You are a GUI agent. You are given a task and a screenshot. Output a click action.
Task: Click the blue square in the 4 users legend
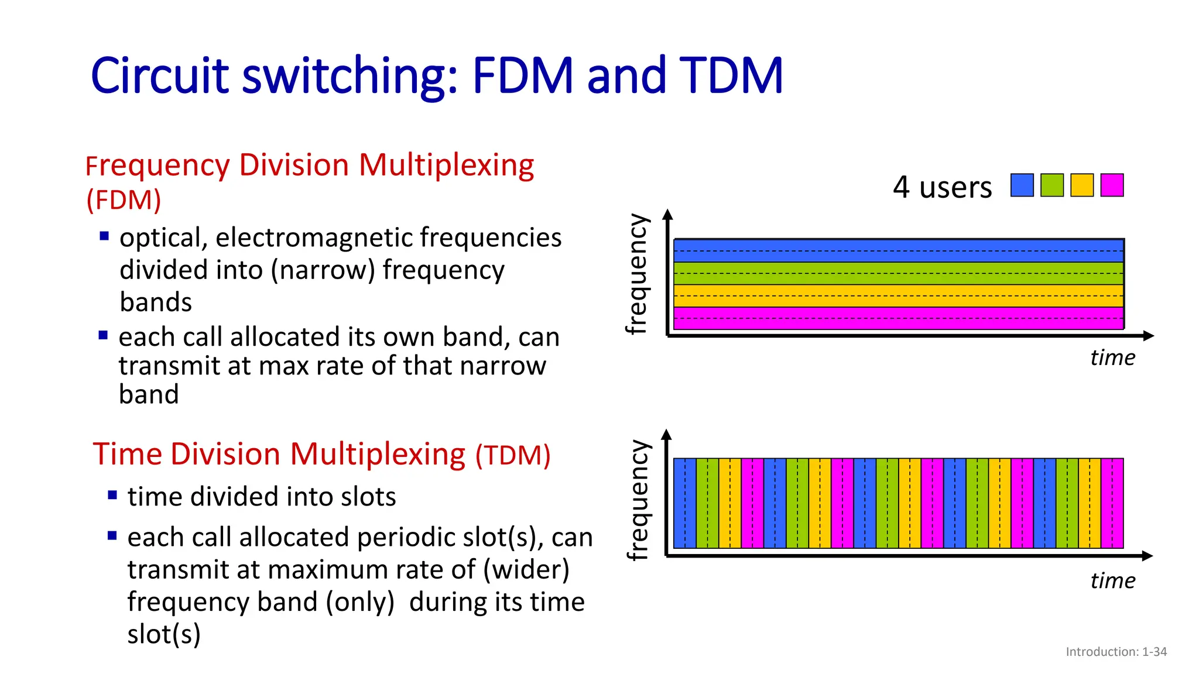[x=1022, y=185]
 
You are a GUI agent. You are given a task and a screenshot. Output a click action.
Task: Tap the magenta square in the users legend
[x=1112, y=185]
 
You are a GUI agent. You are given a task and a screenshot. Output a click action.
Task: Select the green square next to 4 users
[x=1052, y=185]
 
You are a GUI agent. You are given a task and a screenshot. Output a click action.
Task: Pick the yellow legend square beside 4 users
[x=1082, y=185]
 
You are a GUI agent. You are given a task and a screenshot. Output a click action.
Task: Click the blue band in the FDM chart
[x=899, y=250]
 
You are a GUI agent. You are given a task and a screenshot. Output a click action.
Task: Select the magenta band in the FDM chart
[x=899, y=318]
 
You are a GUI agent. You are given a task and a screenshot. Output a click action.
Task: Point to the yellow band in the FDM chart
[x=899, y=295]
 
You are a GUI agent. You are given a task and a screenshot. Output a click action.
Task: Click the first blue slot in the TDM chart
[x=685, y=503]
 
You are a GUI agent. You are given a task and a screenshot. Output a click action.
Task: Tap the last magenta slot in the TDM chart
[x=1112, y=503]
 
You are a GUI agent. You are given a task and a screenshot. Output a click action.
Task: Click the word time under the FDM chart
[x=1112, y=357]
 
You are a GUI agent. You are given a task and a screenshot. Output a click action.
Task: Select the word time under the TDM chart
[x=1112, y=581]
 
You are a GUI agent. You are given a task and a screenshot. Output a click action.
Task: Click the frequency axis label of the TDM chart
[x=638, y=500]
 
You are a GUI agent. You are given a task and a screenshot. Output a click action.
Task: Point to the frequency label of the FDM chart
[x=638, y=274]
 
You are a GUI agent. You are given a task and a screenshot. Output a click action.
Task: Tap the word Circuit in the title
[x=159, y=76]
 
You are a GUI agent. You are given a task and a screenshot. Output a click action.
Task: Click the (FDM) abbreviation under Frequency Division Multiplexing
[x=124, y=200]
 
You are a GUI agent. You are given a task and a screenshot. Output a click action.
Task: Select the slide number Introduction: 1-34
[x=1116, y=652]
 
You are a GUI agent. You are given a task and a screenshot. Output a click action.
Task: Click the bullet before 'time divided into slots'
[x=112, y=495]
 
